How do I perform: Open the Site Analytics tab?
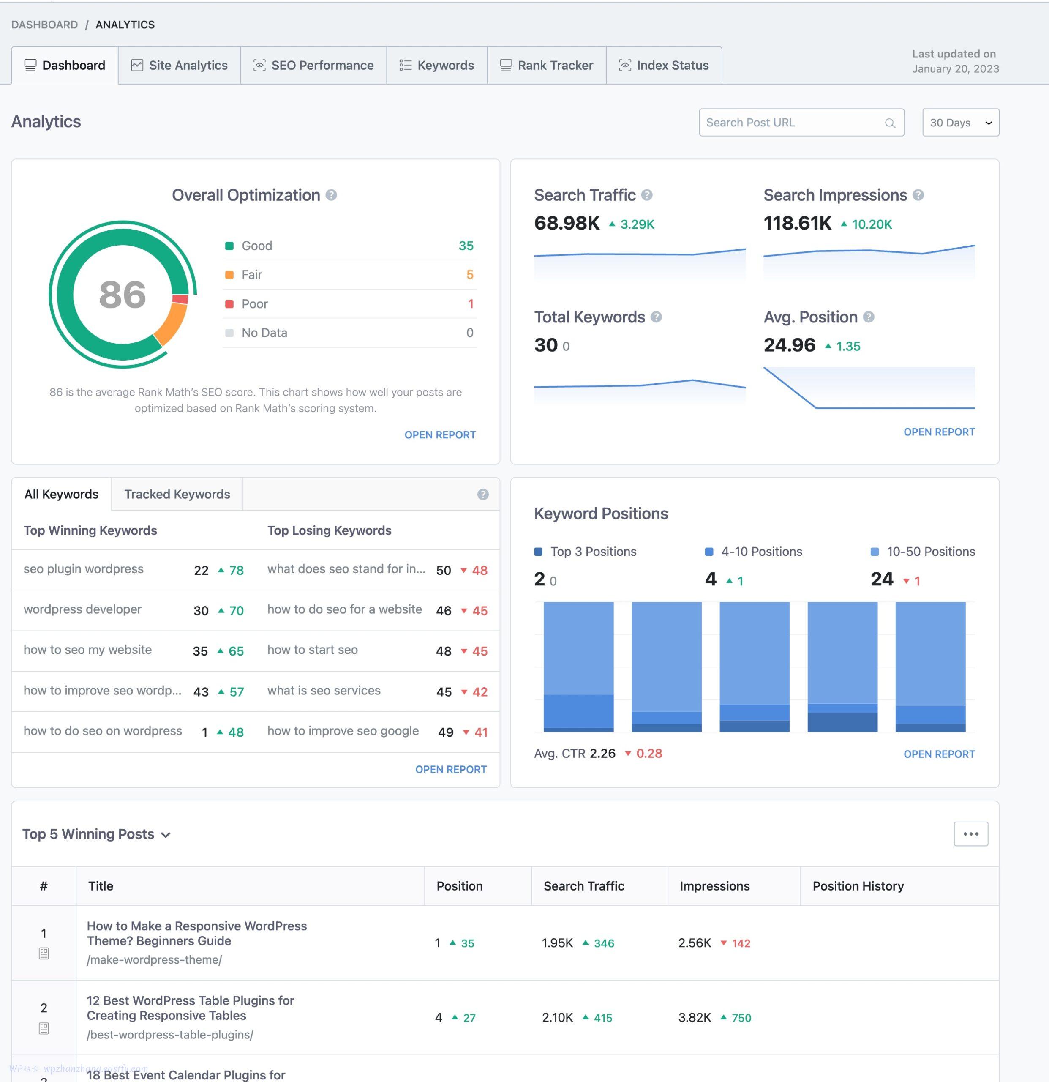(180, 66)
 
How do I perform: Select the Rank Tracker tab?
(546, 66)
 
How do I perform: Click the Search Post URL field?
(793, 123)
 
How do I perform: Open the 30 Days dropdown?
(960, 123)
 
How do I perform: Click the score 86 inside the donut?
(123, 294)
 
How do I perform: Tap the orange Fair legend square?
(229, 275)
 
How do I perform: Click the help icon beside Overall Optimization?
(331, 195)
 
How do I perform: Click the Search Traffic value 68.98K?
(567, 224)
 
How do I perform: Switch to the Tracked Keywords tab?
(177, 495)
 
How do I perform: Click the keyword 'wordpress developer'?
(83, 609)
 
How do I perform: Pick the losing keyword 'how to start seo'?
(312, 650)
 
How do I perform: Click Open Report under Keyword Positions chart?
(939, 754)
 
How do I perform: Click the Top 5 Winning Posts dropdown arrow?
(166, 835)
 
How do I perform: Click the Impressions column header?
(714, 886)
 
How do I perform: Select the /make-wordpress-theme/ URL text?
(155, 960)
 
